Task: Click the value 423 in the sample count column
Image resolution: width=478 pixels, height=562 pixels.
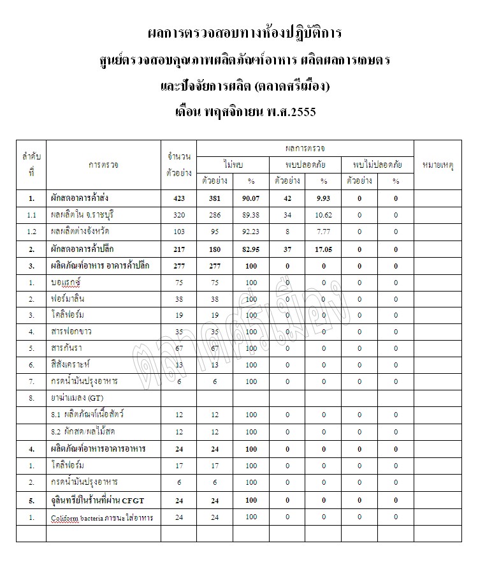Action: point(178,199)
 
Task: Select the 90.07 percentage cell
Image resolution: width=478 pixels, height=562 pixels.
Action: point(251,199)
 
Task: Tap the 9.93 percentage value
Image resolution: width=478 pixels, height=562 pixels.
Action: point(324,199)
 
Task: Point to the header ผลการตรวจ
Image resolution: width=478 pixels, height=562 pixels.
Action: point(305,148)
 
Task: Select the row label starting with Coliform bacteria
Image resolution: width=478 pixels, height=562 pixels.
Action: point(102,516)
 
